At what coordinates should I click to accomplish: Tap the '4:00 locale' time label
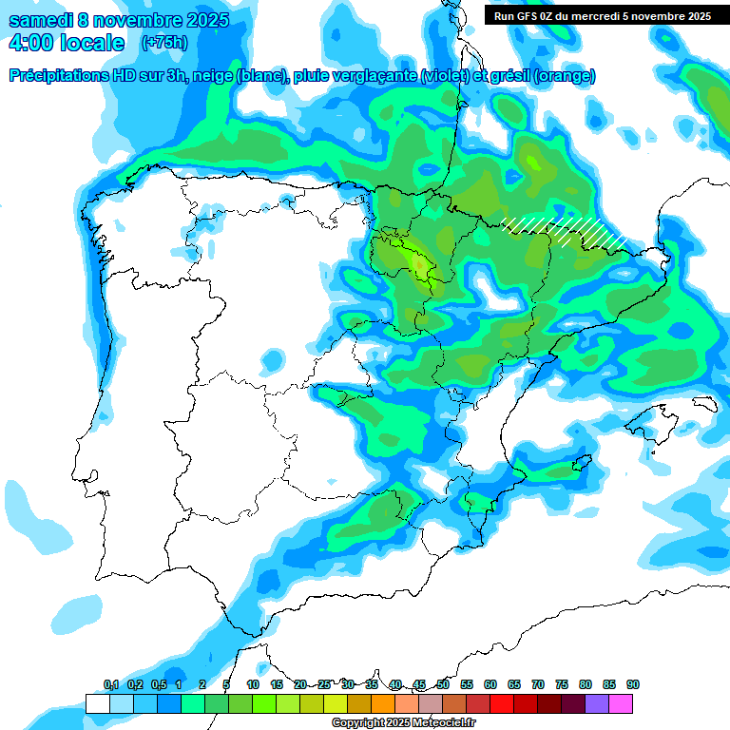point(66,44)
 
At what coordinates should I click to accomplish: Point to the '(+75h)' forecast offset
point(164,43)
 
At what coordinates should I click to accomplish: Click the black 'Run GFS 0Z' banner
point(602,15)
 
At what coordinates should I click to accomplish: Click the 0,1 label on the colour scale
point(111,685)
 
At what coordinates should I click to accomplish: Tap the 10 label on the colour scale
point(253,685)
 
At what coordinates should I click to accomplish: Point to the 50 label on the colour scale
point(443,685)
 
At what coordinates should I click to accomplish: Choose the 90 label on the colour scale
point(633,685)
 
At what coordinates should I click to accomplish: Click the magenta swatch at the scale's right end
point(621,704)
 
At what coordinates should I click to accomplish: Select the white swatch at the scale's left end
point(97,704)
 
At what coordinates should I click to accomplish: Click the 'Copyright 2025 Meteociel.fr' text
point(403,723)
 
